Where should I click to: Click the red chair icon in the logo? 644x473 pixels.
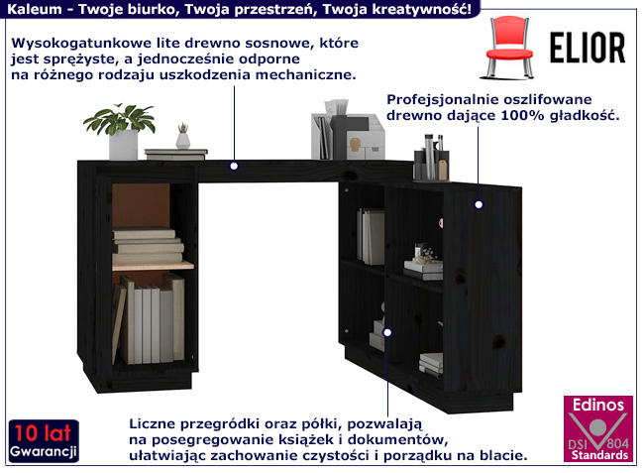click(x=509, y=47)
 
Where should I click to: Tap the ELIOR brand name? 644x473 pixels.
click(x=588, y=48)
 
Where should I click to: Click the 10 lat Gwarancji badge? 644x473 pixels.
click(x=44, y=441)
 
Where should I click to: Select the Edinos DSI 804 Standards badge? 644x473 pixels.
click(x=598, y=429)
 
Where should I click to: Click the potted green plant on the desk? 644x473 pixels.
click(x=120, y=131)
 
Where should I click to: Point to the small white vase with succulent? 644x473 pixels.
click(x=182, y=136)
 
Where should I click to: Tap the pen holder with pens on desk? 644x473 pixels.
click(x=431, y=158)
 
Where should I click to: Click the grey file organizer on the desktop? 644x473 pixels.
click(x=348, y=130)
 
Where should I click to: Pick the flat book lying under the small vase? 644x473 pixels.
click(x=175, y=154)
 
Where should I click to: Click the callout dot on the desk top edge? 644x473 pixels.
click(x=234, y=166)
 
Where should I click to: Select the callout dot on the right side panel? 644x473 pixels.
click(x=479, y=204)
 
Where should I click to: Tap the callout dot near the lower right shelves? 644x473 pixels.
click(x=386, y=331)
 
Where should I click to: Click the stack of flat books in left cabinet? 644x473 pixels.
click(x=148, y=245)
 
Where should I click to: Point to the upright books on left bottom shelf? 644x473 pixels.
click(x=149, y=319)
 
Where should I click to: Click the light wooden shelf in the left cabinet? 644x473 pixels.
click(x=153, y=266)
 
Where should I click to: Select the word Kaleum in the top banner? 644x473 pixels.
click(x=35, y=9)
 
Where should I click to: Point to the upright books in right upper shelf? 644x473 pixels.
click(x=371, y=236)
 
